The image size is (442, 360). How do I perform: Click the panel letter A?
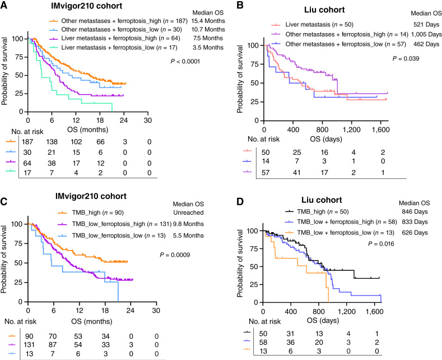tap(5, 6)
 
